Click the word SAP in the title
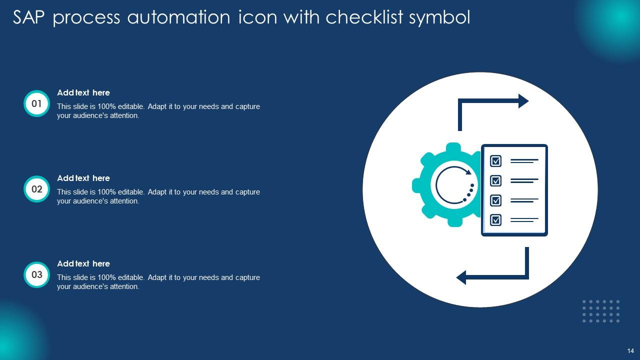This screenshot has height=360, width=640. coord(28,17)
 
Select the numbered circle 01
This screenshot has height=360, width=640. coord(36,103)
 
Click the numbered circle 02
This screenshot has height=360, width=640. coord(36,189)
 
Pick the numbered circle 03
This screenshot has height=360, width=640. coord(36,274)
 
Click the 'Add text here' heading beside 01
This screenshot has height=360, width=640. coord(83,92)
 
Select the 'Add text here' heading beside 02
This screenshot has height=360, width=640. coord(83,178)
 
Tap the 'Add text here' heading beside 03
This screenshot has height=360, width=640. coord(83,263)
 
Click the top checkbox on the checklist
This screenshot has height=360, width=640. coord(495,161)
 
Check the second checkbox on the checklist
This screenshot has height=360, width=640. coord(495,180)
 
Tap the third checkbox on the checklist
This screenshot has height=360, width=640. coord(495,200)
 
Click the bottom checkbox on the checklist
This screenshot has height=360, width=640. coord(495,220)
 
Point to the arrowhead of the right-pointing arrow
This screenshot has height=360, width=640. coord(523,101)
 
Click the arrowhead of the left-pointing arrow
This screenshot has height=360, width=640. coord(461,277)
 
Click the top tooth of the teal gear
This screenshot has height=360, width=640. coord(453,147)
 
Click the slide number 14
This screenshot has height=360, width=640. coord(630,350)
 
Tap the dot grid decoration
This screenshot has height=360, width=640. coord(601,311)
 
